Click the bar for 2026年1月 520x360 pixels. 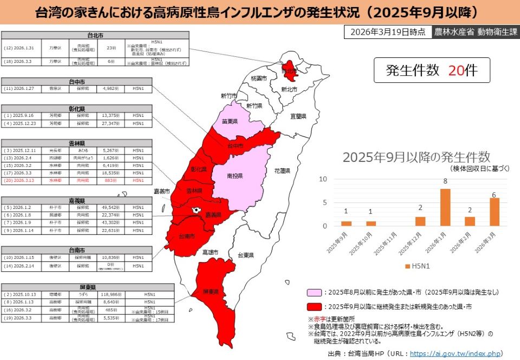pos(445,207)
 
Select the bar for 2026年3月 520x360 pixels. pos(494,212)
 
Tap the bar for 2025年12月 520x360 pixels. pos(420,221)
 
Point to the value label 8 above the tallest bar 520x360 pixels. pos(445,181)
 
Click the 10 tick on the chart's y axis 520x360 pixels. pos(323,179)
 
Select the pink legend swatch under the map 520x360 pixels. pos(314,292)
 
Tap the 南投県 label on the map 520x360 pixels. pos(235,176)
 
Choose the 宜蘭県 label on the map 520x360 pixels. pos(298,116)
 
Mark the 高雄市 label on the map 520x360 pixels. pos(210,252)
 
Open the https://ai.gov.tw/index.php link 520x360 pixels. pos(454,353)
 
